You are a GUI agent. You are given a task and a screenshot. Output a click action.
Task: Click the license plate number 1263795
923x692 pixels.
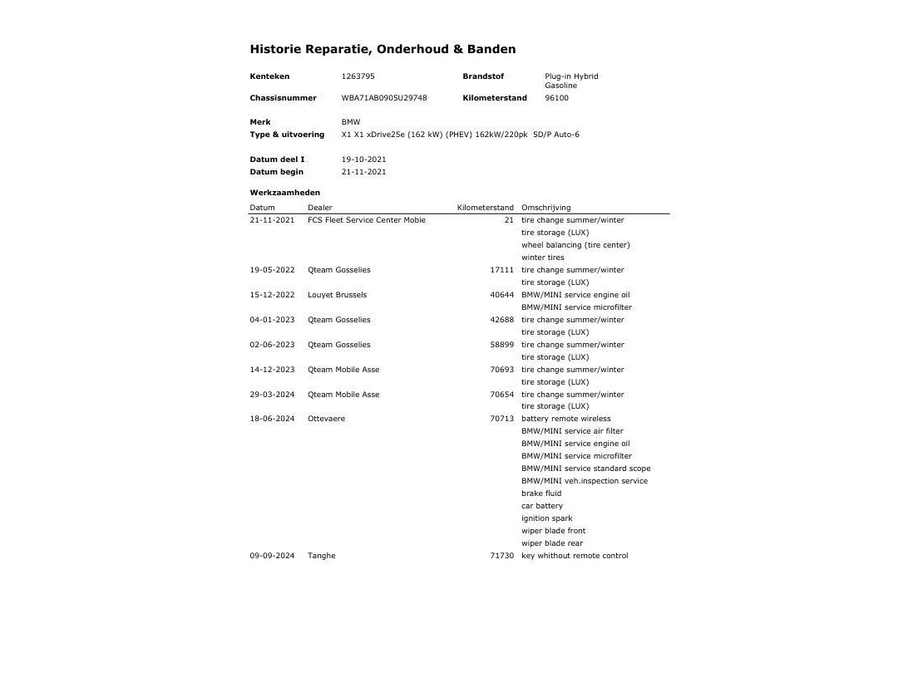(358, 76)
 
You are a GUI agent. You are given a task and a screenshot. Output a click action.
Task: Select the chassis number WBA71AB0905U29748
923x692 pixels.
(384, 98)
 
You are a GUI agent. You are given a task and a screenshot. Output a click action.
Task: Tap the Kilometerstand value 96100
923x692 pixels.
(556, 98)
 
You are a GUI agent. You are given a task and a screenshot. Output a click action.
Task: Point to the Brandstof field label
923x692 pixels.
(483, 76)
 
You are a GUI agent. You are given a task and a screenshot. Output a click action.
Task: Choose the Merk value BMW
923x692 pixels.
(351, 122)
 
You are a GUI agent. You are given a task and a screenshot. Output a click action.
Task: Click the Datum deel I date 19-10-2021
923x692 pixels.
(363, 160)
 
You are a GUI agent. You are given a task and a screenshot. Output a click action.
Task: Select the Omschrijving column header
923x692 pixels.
(545, 208)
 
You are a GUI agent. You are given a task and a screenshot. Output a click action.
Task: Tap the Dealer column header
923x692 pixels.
(319, 208)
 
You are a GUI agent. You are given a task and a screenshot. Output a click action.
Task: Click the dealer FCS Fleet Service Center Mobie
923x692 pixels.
(366, 220)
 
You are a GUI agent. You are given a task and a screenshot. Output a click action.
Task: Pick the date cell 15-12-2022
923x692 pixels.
(272, 295)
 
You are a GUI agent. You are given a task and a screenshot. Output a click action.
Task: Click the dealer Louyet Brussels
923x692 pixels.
(337, 295)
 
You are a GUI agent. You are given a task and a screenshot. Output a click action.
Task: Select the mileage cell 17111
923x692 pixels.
(501, 270)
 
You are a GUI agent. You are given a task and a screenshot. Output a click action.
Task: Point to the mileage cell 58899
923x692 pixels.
(501, 345)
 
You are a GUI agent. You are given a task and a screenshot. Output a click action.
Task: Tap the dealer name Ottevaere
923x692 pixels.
(326, 419)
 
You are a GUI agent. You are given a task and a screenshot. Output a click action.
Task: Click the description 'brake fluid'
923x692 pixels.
(541, 493)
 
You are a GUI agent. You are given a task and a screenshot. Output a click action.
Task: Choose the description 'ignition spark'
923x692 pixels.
(546, 518)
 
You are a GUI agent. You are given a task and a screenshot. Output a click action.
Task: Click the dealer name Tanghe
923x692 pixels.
(321, 556)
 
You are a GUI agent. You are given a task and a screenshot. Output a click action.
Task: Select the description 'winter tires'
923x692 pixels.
(542, 258)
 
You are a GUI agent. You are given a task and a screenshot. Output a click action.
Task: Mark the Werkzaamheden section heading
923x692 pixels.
(284, 193)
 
